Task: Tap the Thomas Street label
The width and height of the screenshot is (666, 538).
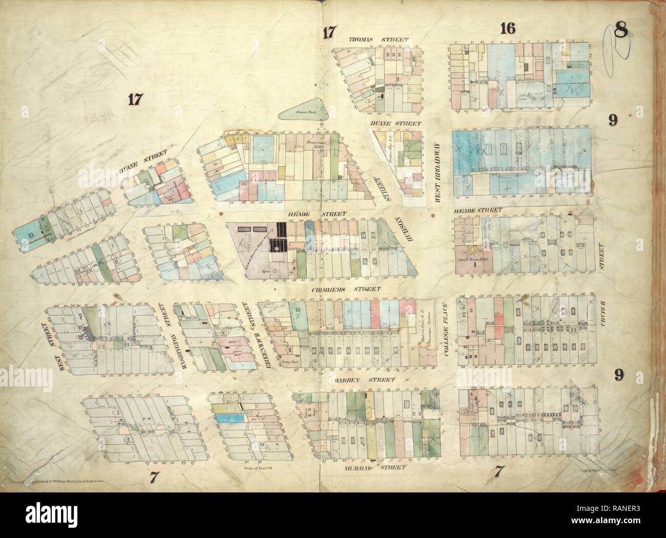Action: coord(378,39)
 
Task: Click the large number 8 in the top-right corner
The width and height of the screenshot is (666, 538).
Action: coord(622,31)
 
